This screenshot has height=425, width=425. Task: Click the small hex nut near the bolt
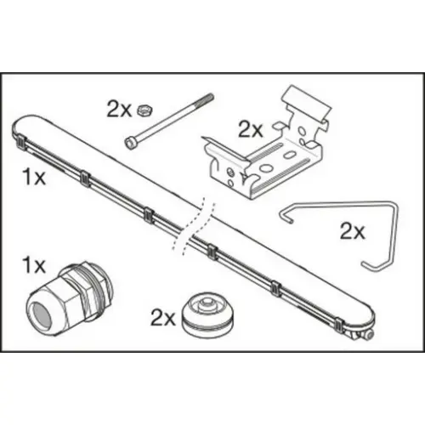point(145,110)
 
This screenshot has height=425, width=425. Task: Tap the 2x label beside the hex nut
point(119,110)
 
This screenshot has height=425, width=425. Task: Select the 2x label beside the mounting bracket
point(251,130)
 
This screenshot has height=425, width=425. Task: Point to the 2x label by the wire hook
point(353,231)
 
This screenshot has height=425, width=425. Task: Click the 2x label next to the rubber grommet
point(163,318)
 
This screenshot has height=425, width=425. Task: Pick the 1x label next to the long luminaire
point(34,178)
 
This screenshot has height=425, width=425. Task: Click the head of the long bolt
point(131,143)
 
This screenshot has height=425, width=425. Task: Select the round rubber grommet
point(207,315)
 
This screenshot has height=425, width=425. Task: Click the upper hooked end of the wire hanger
point(285,217)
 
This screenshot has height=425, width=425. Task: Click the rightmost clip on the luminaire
point(338,324)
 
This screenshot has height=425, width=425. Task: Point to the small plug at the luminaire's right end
point(368,335)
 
